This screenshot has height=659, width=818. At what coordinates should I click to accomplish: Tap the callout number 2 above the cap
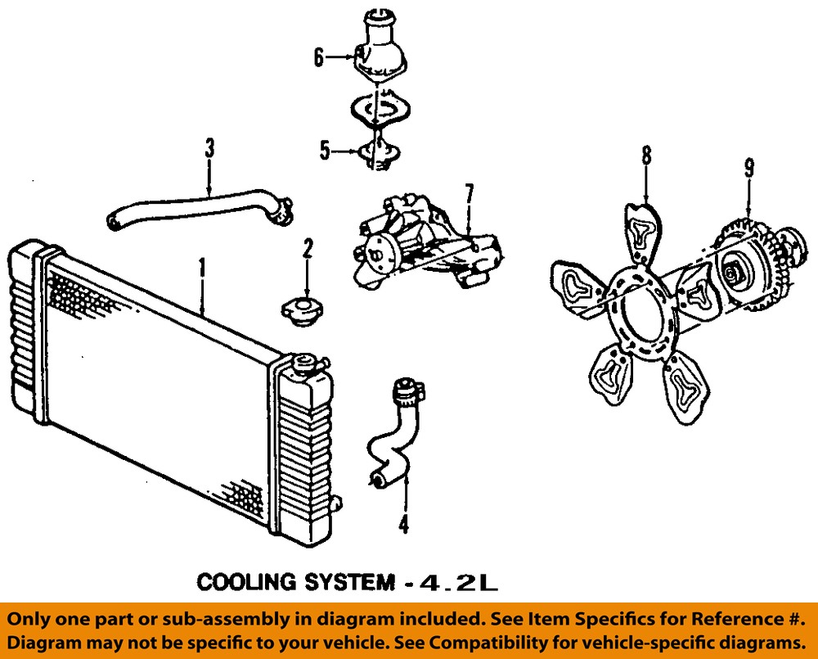[308, 249]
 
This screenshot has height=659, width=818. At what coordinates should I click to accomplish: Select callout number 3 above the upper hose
[209, 148]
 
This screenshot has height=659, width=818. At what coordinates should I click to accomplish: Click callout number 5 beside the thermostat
[325, 152]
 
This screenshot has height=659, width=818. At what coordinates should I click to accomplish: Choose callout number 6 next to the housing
[319, 57]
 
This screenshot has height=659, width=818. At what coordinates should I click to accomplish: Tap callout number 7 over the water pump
[469, 196]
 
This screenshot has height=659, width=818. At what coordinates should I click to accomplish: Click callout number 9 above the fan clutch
[748, 168]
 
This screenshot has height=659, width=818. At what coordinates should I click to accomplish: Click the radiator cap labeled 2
[302, 312]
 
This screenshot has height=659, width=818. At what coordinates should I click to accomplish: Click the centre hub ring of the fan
[640, 314]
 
